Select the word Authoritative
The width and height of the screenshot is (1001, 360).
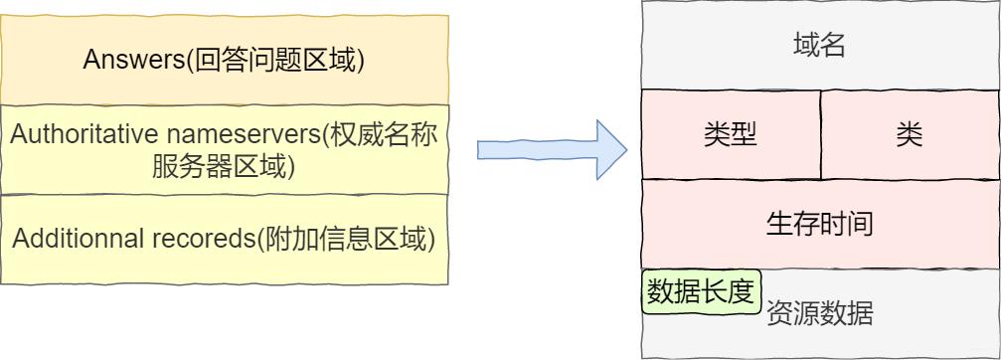click(x=70, y=134)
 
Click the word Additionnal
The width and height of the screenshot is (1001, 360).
click(x=77, y=240)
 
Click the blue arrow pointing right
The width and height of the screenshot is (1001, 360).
click(x=551, y=150)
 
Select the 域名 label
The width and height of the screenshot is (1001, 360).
click(x=819, y=46)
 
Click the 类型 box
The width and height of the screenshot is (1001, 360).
click(x=731, y=134)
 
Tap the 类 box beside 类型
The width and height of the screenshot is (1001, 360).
click(x=909, y=134)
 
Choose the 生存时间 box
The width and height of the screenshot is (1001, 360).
click(x=819, y=223)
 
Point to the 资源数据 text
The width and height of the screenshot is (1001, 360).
click(x=819, y=315)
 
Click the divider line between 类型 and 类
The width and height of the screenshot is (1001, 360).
click(x=821, y=134)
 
